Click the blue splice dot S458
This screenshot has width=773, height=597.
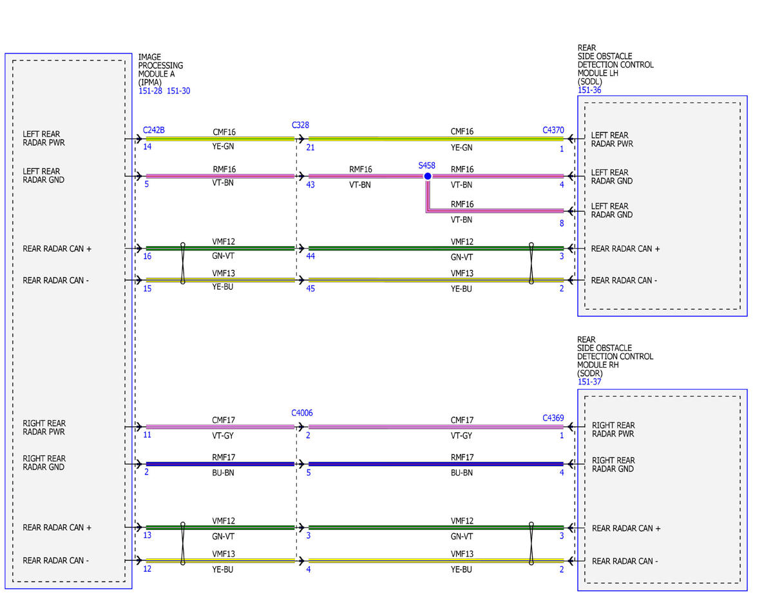[x=428, y=176]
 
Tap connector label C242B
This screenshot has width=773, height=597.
[x=154, y=130]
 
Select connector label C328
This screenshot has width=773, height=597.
[x=300, y=125]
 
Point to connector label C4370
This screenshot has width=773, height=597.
[x=553, y=130]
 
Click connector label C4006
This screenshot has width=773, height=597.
[x=302, y=413]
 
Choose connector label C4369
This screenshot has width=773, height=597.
[x=553, y=418]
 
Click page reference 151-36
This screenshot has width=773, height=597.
[x=589, y=90]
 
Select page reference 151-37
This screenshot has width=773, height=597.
[x=589, y=381]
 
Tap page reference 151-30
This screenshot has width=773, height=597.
[x=178, y=91]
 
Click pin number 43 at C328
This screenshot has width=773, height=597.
[x=310, y=185]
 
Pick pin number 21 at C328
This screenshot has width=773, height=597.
[x=310, y=147]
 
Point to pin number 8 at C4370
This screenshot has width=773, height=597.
[x=562, y=223]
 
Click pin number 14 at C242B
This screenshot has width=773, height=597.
[x=148, y=146]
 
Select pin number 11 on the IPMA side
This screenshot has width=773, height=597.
[x=148, y=435]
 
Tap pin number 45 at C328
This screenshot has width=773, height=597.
[x=310, y=289]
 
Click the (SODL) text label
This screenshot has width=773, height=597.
[x=590, y=81]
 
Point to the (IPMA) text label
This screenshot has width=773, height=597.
[x=149, y=82]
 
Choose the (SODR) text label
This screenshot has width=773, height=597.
[x=590, y=373]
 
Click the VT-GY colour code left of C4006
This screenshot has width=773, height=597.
[x=223, y=435]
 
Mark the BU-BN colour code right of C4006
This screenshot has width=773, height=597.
[x=462, y=473]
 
